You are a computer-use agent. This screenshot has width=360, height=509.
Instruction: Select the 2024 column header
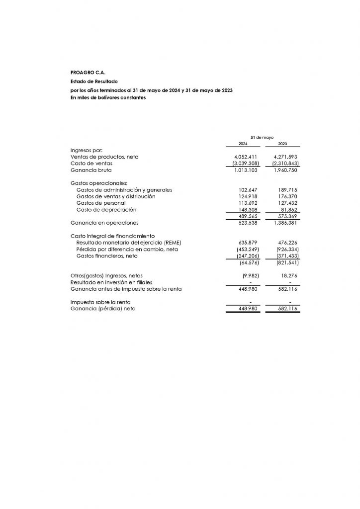pos(243,144)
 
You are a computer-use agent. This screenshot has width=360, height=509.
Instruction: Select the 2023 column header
pos(282,144)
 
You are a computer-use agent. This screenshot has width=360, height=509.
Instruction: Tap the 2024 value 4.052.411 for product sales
pos(245,157)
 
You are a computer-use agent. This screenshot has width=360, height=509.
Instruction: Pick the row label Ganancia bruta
pos(90,170)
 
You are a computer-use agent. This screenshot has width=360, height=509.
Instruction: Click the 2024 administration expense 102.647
pos(248,190)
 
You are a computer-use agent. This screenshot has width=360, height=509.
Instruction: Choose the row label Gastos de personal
pos(101,203)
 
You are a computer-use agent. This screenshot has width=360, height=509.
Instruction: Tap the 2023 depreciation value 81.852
pos(288,209)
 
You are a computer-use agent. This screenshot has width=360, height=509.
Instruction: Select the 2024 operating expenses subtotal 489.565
pos(248,216)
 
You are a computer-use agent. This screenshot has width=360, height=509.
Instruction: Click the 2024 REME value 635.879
pos(248,243)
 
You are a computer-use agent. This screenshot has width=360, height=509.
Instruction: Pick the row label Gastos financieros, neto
pos(107,255)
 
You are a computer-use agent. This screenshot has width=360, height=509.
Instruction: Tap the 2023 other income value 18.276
pos(289,275)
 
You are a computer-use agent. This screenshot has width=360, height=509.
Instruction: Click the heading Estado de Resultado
pos(94,81)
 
